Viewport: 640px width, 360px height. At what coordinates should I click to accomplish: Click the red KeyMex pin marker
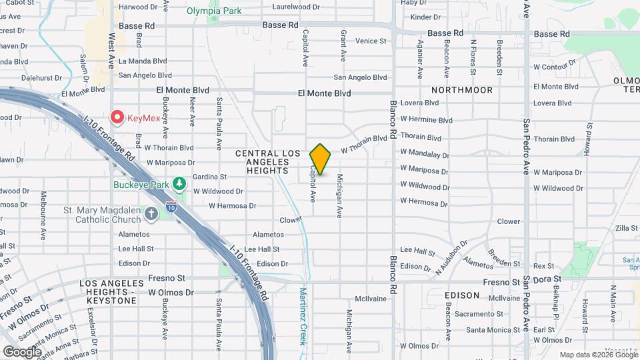click(117, 118)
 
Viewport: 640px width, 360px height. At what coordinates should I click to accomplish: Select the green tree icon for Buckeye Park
click(179, 183)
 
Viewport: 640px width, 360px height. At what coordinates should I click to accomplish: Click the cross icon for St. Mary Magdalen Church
click(151, 213)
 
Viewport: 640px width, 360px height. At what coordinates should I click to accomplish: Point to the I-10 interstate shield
click(171, 207)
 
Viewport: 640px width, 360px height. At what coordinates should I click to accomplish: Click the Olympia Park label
click(214, 11)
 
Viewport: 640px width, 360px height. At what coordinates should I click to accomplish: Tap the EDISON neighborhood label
click(462, 295)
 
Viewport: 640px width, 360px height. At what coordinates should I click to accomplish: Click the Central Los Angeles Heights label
click(269, 161)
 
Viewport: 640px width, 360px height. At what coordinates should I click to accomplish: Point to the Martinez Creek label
click(303, 316)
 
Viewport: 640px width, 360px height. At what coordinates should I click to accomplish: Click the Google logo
click(22, 351)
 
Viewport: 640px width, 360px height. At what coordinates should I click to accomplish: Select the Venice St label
click(371, 41)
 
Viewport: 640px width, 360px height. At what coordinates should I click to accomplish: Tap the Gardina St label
click(210, 177)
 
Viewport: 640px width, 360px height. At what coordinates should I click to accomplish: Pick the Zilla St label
click(627, 228)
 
